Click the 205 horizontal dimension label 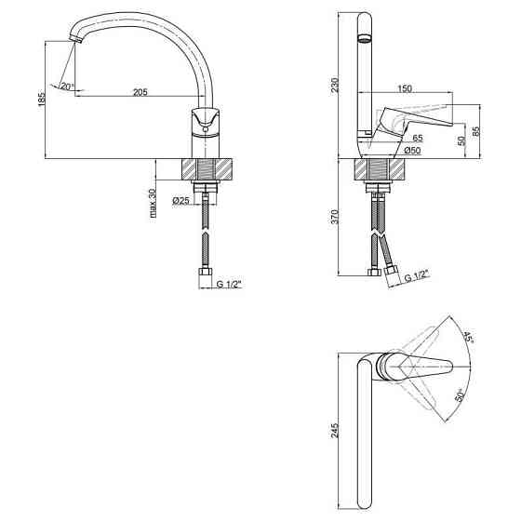(x=140, y=92)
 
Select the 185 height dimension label (x=42, y=98)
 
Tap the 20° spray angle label (x=67, y=87)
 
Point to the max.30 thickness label (x=153, y=203)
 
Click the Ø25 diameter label (x=180, y=200)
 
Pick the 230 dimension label (x=335, y=85)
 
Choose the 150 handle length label (x=405, y=88)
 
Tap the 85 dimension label (x=476, y=131)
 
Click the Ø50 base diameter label (x=412, y=151)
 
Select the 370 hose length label (x=335, y=217)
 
